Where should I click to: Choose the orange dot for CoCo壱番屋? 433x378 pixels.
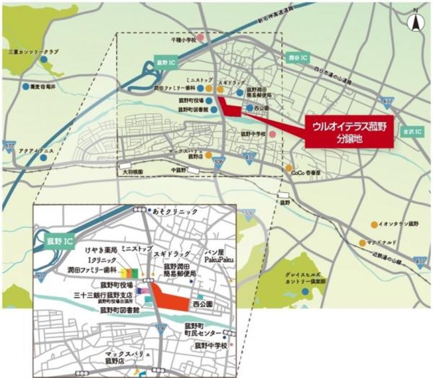(289, 168)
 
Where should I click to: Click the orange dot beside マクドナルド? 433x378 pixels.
(362, 243)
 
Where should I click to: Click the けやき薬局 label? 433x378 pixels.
(102, 250)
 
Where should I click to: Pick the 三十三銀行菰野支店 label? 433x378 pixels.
(100, 293)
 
